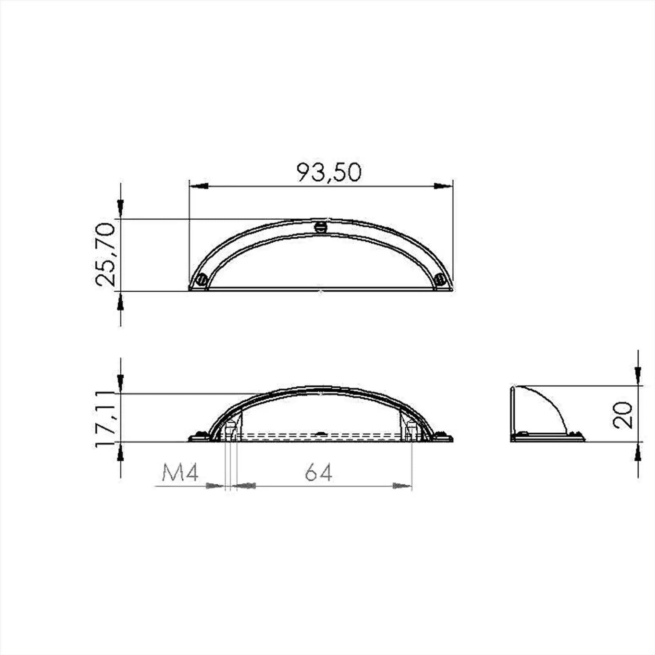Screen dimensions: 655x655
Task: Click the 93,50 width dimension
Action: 329,172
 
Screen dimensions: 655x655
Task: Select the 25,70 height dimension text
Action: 104,254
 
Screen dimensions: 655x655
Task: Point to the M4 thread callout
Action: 180,473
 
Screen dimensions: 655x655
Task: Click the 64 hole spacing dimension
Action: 318,473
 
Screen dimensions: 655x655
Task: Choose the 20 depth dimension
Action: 623,415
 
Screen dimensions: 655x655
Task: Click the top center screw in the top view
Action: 321,227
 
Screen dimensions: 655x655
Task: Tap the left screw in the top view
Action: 201,280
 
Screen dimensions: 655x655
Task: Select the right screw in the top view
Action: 440,279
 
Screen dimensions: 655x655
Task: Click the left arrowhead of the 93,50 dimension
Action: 199,186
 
